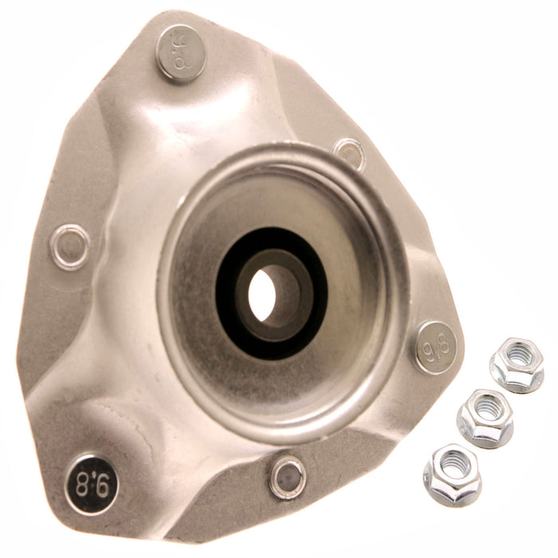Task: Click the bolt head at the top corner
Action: (x=181, y=53)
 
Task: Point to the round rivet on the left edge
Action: (x=69, y=246)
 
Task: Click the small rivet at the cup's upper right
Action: (x=349, y=153)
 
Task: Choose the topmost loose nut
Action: (x=517, y=364)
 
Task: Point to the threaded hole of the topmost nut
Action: (x=517, y=353)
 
